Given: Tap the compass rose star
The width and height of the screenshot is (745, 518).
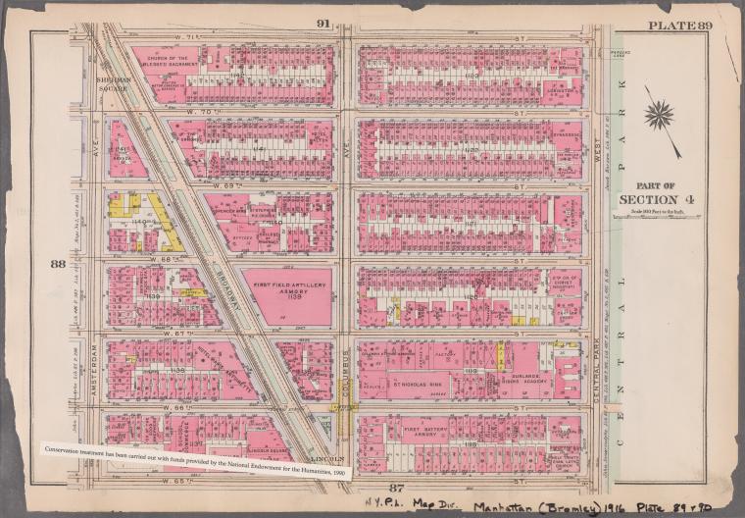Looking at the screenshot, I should coord(661,115).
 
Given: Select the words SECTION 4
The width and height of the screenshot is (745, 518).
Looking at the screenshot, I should coord(655,201).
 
